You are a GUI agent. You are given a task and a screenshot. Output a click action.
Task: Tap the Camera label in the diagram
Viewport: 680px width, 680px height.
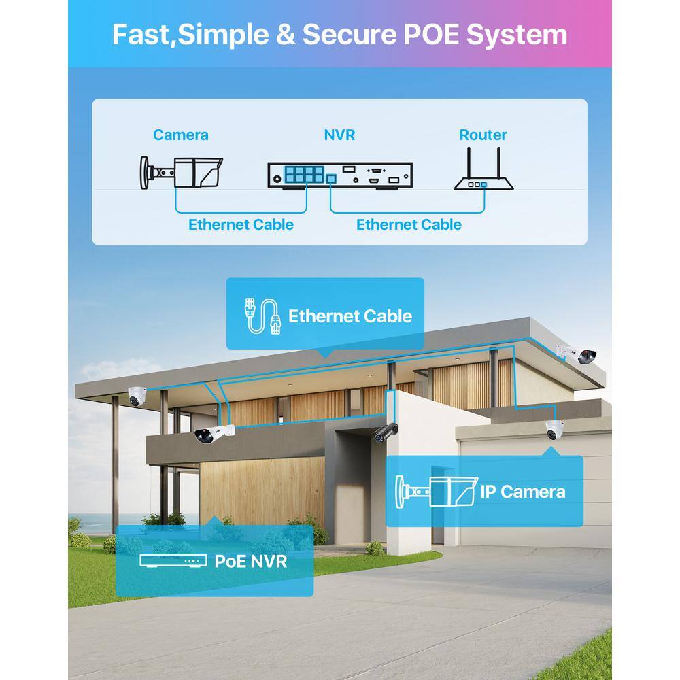point(181,135)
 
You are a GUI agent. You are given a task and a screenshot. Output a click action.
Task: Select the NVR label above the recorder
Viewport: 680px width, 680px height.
point(339,135)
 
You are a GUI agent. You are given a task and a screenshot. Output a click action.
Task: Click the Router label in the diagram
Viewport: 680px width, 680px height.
point(483,135)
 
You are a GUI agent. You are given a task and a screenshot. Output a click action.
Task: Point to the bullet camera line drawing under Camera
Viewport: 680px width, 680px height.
point(182,173)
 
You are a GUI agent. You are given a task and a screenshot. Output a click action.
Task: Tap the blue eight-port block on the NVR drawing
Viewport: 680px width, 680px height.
point(304,174)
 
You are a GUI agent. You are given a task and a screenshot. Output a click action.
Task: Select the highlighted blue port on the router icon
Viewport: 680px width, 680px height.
point(484,185)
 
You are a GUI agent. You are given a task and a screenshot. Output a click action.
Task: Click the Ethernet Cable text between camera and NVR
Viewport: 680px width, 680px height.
point(241,224)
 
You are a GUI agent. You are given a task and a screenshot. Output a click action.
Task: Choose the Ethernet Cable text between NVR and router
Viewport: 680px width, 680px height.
point(409,224)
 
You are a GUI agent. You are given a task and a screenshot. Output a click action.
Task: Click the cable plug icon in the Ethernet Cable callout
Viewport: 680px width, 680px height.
point(262,316)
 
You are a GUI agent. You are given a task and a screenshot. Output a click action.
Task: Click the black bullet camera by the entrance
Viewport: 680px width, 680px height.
point(385,432)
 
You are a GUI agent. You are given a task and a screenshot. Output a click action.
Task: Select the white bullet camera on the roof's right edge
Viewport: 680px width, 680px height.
point(577,354)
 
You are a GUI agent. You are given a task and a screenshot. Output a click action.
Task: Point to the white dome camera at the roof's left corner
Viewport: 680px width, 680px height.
point(137,396)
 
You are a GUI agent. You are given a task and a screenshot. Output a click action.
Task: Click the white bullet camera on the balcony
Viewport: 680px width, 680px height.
point(214,434)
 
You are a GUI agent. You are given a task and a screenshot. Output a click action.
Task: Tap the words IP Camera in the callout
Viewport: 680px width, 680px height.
point(522,492)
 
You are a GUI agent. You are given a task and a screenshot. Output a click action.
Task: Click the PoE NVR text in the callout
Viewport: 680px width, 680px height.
point(251,561)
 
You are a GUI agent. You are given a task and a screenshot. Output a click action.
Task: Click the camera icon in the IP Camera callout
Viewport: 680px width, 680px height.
point(437,491)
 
